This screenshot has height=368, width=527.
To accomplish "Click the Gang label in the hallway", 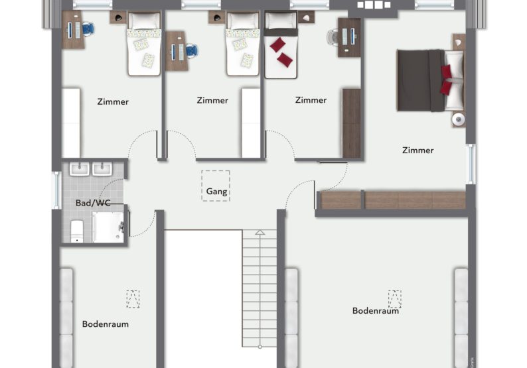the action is point(216,192).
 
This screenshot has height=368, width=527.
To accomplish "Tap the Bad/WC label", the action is point(93,203).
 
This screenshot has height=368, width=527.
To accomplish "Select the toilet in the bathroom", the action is point(77,231).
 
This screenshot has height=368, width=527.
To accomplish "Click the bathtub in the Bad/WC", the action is point(108,227).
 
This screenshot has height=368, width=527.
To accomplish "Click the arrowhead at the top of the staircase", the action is point(260,232).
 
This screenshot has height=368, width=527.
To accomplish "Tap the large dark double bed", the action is point(430,80).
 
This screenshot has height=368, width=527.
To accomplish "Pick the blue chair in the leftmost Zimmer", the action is point(88,29).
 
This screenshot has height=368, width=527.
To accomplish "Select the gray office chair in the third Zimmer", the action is point(333,36).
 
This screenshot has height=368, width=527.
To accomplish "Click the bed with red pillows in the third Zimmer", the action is point(281,45).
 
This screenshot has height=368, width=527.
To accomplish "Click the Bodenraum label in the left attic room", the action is point(105,324).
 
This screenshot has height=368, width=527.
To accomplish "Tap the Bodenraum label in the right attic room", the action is point(376,310).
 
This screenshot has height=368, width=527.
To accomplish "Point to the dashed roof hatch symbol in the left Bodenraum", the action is point(133,299).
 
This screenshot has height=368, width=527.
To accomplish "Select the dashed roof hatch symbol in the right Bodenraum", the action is point(394,299).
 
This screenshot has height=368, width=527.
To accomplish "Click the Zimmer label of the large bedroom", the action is point(417,150).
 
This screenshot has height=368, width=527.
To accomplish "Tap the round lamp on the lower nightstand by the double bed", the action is point(458,119).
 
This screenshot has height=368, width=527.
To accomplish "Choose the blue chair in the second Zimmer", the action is point(192,51).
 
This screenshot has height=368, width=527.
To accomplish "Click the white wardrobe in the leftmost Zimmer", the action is point(71,123).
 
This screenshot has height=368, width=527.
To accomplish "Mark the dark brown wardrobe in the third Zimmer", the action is point(352,123).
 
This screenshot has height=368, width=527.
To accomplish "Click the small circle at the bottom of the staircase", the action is point(260,347).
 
